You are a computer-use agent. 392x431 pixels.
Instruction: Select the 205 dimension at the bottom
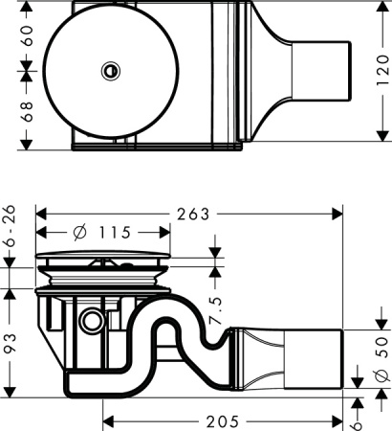coord(222,420)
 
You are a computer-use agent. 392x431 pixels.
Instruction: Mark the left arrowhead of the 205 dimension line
coord(106,420)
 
